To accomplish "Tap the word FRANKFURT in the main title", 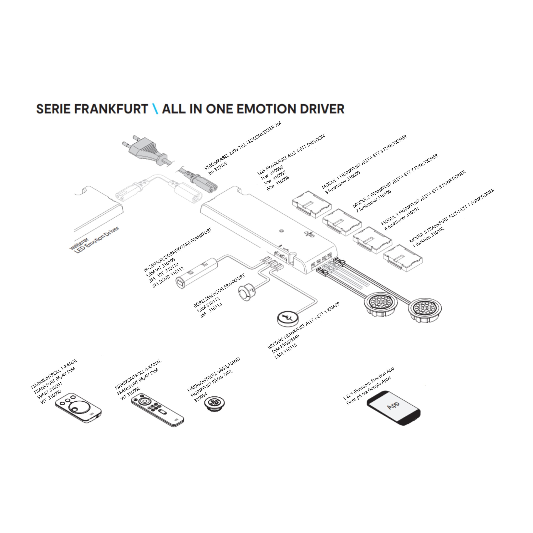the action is pyautogui.click(x=111, y=109).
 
